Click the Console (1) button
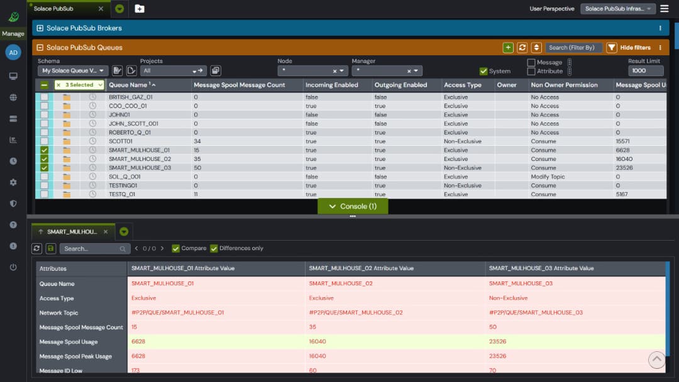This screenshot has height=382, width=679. (353, 206)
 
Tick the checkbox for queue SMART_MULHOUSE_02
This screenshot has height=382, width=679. (44, 159)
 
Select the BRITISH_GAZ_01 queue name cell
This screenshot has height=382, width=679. (131, 97)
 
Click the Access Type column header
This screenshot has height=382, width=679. (463, 85)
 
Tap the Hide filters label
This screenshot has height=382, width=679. (635, 48)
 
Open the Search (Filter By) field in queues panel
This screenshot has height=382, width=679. (574, 48)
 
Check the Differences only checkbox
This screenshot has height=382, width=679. (214, 248)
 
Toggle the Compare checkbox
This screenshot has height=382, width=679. (175, 248)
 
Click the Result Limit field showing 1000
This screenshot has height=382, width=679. (645, 71)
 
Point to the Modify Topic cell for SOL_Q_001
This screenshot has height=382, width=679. (548, 177)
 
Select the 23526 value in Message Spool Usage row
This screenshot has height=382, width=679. (498, 342)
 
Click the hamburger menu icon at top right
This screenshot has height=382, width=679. (665, 9)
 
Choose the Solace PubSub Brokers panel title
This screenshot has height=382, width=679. (84, 28)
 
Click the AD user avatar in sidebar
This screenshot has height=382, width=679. (13, 52)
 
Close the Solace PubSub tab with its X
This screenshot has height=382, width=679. (101, 9)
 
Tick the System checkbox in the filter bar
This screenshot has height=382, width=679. (483, 71)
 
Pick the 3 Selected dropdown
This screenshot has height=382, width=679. (79, 85)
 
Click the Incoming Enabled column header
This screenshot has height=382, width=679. (331, 85)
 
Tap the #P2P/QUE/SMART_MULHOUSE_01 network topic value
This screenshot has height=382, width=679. (177, 312)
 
